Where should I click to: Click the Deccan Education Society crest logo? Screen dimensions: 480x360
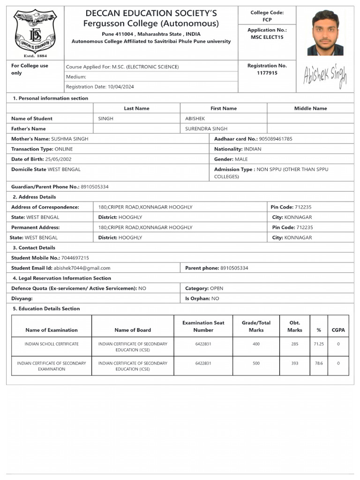(x=35, y=33)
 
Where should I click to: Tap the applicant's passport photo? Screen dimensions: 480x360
(x=325, y=32)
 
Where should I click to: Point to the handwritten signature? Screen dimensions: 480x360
(x=325, y=76)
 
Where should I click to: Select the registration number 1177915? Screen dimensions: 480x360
(x=267, y=73)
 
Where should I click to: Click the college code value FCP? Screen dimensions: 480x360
(x=267, y=20)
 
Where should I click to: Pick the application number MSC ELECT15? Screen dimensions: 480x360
(x=267, y=37)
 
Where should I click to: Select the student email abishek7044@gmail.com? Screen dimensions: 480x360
(x=82, y=268)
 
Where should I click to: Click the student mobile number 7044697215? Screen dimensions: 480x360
(x=75, y=258)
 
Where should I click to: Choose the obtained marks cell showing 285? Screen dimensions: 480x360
(x=294, y=344)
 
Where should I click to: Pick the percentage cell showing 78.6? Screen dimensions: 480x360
(x=318, y=363)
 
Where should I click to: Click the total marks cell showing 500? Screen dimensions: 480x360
(x=256, y=363)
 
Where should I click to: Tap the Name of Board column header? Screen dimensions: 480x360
(x=133, y=330)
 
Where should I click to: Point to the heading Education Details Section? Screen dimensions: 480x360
(x=49, y=309)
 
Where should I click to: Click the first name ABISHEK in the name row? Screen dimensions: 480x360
(x=195, y=119)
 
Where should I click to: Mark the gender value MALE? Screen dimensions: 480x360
(x=241, y=159)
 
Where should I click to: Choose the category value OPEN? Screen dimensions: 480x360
(x=217, y=288)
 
